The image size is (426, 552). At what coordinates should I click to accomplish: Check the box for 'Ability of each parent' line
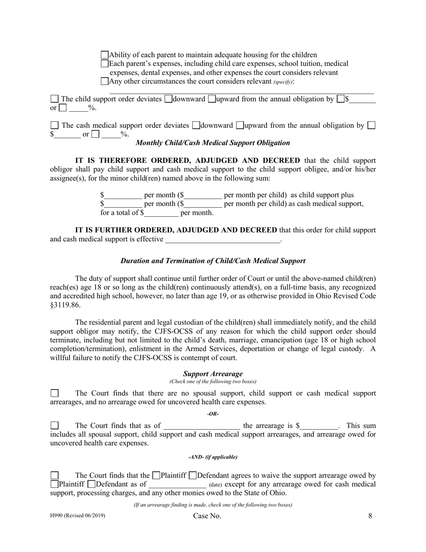point(104,55)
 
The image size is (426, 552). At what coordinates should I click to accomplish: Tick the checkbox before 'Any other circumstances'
point(104,81)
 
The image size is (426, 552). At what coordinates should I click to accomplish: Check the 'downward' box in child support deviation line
point(168,99)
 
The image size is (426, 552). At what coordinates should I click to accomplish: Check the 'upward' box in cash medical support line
point(240,125)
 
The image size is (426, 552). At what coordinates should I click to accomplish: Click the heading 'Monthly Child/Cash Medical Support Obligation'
point(213,143)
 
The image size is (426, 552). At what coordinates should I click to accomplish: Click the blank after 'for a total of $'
point(161,213)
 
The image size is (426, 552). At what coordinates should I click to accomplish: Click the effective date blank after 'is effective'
point(222,239)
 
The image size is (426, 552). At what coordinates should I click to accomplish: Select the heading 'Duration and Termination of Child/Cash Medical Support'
point(213,261)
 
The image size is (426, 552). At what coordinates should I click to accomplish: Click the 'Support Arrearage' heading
point(213,373)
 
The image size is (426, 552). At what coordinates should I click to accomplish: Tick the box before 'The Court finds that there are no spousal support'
point(54,393)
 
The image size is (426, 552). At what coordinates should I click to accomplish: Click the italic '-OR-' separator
point(213,414)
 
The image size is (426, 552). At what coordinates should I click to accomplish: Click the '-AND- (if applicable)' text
point(213,457)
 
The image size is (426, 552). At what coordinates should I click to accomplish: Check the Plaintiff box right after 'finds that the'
point(156,475)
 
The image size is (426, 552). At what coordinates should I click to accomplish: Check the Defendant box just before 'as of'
point(91,484)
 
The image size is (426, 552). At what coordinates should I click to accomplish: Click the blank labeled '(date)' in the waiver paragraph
point(178,484)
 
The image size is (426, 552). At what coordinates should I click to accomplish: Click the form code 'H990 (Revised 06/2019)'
point(78,516)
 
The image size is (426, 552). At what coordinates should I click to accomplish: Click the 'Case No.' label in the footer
point(207,516)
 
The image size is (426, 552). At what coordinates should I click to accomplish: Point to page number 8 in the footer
point(370,516)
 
